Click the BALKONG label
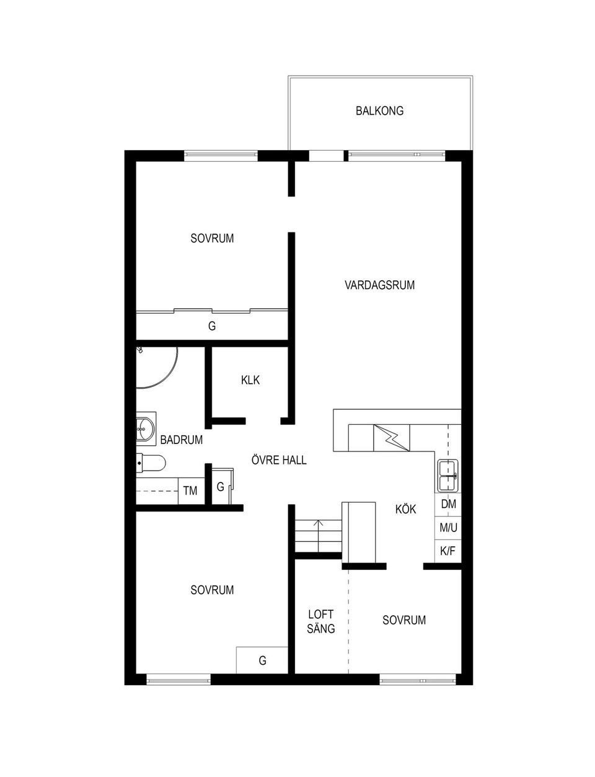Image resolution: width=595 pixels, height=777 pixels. coord(379,110)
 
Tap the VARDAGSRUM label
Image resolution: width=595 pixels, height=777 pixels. coord(379,285)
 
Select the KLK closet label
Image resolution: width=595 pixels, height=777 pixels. coord(250,380)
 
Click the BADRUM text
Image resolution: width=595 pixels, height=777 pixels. coord(181,440)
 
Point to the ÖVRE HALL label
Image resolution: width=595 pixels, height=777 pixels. coord(279,460)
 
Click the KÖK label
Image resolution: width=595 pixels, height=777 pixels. coord(405,509)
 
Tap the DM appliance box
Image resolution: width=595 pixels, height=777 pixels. coord(447,504)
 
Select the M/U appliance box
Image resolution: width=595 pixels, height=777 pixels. coord(447,528)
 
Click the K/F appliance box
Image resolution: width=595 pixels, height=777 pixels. coord(447,551)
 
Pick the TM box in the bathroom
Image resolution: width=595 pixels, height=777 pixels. coord(191,491)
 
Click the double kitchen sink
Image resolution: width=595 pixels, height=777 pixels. coord(448,476)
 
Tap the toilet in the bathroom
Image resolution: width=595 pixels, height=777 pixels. coord(151,463)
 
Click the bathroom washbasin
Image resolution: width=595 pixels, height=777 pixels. coord(146,428)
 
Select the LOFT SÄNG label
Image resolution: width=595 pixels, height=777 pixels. coord(320,622)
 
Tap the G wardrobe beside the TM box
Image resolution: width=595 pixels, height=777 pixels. coord(221,486)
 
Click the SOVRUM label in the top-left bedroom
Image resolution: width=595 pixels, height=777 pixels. coord(212,239)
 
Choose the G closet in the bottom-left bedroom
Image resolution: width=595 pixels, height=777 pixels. coord(262,660)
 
